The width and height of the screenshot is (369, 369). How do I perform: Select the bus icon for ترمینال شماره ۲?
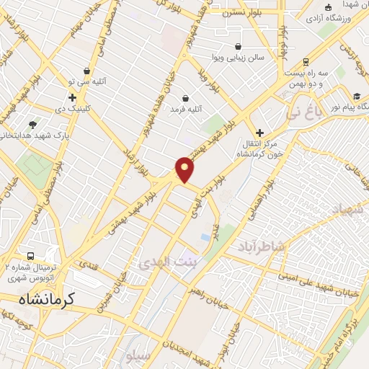(x=30, y=257)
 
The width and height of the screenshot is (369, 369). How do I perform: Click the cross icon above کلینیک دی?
(x=72, y=97)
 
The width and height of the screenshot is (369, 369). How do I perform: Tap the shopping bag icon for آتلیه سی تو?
(x=87, y=71)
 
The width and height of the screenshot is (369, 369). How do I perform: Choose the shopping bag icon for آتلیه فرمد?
(x=185, y=98)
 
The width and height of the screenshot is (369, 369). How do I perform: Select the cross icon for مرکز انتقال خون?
(x=259, y=133)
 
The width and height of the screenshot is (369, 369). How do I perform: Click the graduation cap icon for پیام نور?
(x=357, y=96)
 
